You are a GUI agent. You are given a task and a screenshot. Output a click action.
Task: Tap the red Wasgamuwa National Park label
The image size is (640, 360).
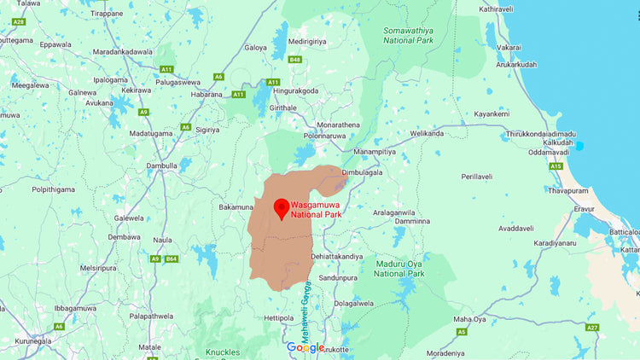click(314, 210)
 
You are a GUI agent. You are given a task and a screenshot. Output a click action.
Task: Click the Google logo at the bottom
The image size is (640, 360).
click(305, 347)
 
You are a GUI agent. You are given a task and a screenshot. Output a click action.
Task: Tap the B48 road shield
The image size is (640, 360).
click(295, 60)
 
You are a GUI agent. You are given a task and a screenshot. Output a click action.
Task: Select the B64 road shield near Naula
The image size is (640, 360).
click(172, 258)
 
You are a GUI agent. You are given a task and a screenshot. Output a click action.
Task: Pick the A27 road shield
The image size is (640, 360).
click(592, 327)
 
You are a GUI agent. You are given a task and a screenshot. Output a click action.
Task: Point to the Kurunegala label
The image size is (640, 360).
click(23, 340)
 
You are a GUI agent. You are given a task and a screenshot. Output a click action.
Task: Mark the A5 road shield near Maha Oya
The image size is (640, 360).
click(462, 331)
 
